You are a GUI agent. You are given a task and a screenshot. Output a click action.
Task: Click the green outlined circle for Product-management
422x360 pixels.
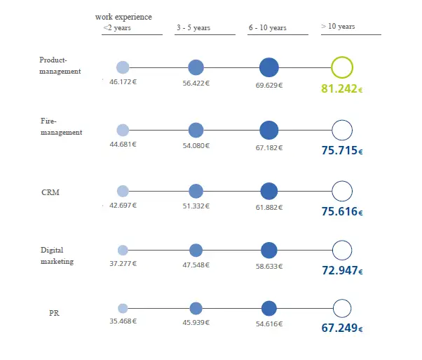(x=341, y=67)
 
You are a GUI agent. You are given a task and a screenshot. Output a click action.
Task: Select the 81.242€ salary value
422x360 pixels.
(x=342, y=89)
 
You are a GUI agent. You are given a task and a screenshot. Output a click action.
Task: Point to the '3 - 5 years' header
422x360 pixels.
(x=193, y=28)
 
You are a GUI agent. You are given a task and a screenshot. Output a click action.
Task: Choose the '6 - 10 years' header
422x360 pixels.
(x=267, y=28)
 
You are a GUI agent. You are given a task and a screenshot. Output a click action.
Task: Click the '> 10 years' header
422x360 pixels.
(x=338, y=27)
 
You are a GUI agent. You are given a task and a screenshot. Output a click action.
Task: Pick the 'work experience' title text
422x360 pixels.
(x=123, y=17)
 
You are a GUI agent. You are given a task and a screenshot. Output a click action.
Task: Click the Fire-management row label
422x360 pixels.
(x=61, y=127)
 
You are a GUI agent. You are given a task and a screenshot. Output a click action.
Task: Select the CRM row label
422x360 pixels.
(x=50, y=192)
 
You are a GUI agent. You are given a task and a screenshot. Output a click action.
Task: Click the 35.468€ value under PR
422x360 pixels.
(x=123, y=321)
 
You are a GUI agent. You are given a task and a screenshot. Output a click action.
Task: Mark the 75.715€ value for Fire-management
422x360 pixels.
(x=342, y=150)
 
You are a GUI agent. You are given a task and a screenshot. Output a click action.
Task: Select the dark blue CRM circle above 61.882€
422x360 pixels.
(x=268, y=191)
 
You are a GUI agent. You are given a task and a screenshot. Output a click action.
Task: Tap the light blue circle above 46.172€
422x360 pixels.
(x=123, y=67)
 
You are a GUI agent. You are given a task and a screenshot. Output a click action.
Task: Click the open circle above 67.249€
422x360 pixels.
(x=341, y=309)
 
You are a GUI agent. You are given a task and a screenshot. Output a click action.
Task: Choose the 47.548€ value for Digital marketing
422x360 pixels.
(x=196, y=264)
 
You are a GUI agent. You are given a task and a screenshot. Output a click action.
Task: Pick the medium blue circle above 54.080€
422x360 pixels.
(x=196, y=130)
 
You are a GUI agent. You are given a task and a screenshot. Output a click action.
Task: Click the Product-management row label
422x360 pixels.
(x=60, y=65)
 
